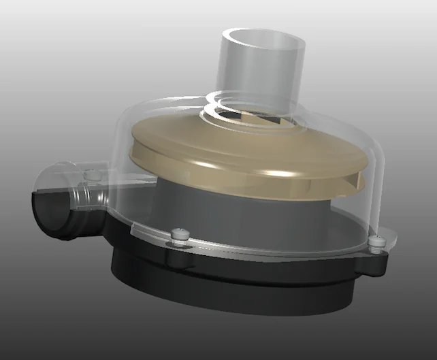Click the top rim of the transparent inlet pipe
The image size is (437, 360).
click(261, 32)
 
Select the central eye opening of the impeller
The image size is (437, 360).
click(255, 120)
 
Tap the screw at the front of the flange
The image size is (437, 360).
click(180, 235)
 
